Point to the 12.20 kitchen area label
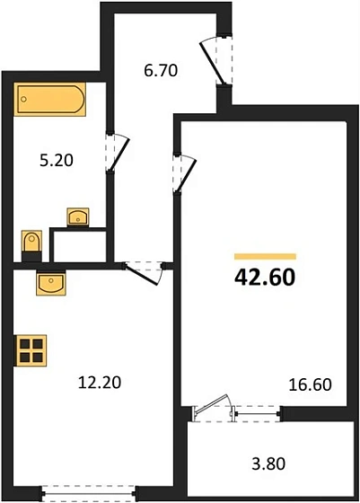click(x=99, y=382)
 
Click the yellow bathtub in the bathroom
click(x=49, y=98)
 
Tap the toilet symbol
click(x=31, y=243)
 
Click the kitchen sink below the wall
click(x=50, y=285)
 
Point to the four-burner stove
click(x=31, y=349)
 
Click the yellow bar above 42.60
click(x=265, y=256)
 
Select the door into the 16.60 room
click(x=184, y=172)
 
